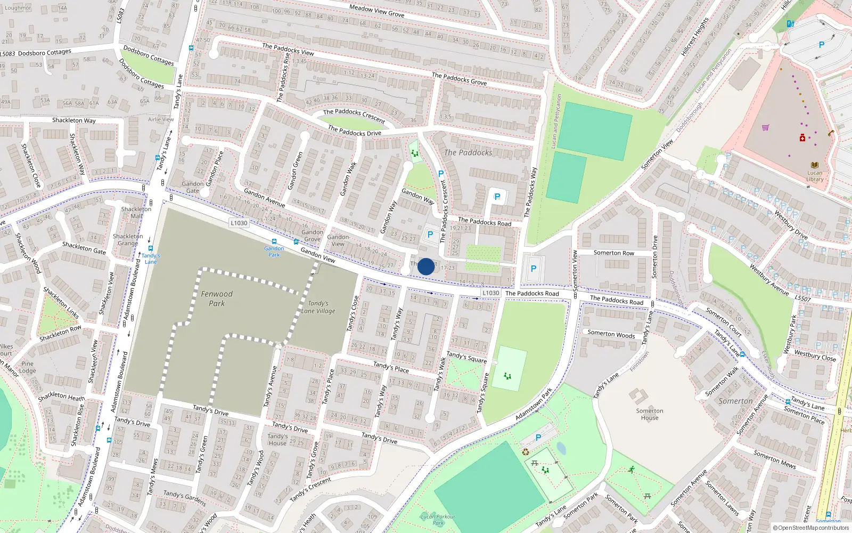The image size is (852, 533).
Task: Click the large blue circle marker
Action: pyautogui.click(x=426, y=266)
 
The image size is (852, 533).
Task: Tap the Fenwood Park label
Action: pyautogui.click(x=217, y=298)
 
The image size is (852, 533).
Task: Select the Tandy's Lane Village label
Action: pyautogui.click(x=318, y=307)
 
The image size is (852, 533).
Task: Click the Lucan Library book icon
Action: pyautogui.click(x=814, y=165)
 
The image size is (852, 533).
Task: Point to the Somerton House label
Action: pyautogui.click(x=650, y=414)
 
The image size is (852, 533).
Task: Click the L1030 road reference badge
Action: pyautogui.click(x=239, y=223)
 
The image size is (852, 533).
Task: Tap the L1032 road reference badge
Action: pyautogui.click(x=490, y=293)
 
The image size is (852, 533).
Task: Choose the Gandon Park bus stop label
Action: pyautogui.click(x=274, y=252)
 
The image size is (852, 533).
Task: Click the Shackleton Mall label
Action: pyautogui.click(x=136, y=212)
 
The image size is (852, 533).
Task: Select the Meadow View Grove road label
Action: pyautogui.click(x=376, y=10)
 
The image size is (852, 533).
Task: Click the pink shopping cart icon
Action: pyautogui.click(x=765, y=127)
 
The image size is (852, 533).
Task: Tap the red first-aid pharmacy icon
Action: pyautogui.click(x=802, y=138)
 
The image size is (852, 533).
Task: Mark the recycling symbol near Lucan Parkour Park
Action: pyautogui.click(x=526, y=452)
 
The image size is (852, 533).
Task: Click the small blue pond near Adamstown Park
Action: pyautogui.click(x=561, y=448)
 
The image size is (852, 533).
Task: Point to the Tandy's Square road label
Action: pyautogui.click(x=466, y=357)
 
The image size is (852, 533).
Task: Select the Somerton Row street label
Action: pyautogui.click(x=614, y=253)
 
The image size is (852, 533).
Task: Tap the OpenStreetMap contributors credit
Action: pyautogui.click(x=812, y=528)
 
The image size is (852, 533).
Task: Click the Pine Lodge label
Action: pyautogui.click(x=28, y=367)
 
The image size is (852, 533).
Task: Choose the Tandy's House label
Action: pyautogui.click(x=277, y=440)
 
